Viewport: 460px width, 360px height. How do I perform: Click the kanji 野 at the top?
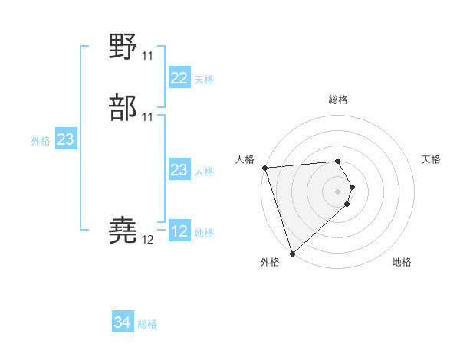123,47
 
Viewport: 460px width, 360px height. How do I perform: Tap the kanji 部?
123,108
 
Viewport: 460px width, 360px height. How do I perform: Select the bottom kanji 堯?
123,231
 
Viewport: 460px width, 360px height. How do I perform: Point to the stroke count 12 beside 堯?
147,240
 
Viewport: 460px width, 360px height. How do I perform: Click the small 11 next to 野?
147,56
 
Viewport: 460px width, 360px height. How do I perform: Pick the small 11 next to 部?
147,117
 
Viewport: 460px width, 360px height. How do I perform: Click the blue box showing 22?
179,78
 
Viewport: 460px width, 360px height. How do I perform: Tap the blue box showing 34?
123,323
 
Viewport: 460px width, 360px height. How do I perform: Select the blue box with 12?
179,231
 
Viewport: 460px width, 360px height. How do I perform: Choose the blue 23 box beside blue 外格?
65,139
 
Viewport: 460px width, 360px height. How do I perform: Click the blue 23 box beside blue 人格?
179,170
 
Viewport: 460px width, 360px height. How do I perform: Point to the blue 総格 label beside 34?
147,324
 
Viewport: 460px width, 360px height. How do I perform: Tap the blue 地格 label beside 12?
204,233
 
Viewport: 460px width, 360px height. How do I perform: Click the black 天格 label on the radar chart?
432,159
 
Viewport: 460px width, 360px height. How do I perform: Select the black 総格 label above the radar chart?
337,100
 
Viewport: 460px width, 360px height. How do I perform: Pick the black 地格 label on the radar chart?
402,262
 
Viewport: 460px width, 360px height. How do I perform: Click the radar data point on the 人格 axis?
264,168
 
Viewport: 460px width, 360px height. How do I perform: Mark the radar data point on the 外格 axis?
292,253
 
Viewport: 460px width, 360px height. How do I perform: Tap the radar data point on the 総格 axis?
337,161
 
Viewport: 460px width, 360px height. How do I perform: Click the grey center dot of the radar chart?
337,191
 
